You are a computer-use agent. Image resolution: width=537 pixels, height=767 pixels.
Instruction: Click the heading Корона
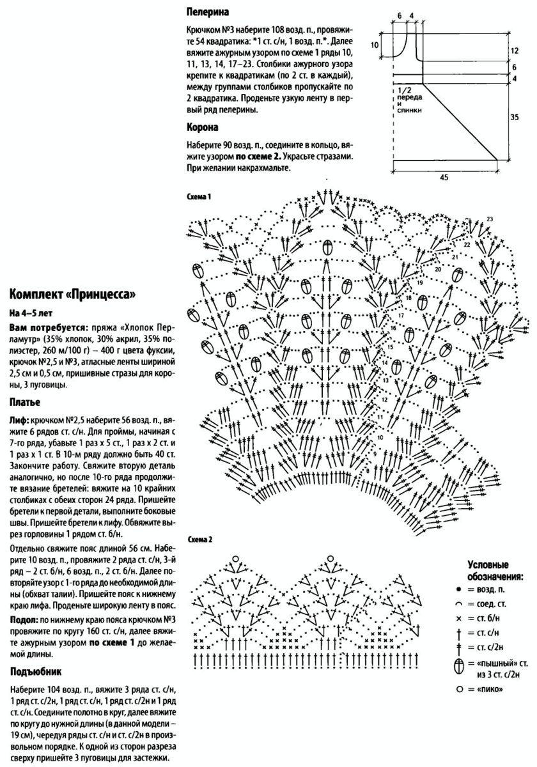click(x=203, y=127)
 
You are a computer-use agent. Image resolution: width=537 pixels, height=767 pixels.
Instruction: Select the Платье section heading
click(x=25, y=403)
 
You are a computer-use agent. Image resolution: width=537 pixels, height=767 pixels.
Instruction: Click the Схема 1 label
click(x=199, y=196)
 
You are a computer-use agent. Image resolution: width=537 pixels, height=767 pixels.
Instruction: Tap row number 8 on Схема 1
click(x=368, y=470)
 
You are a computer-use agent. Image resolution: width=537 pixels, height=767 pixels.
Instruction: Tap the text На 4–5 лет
click(x=29, y=314)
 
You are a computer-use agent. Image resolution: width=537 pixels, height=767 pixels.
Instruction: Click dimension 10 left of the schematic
click(x=375, y=45)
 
